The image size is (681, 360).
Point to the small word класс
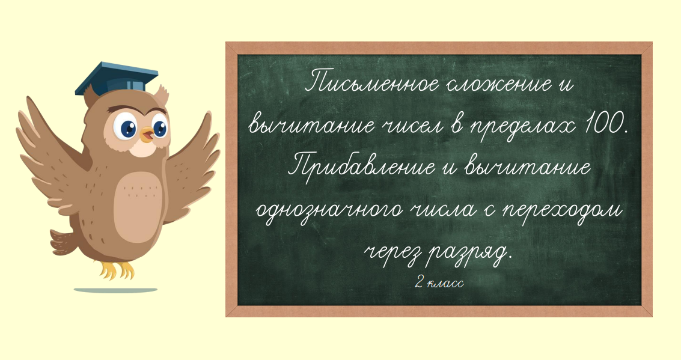coord(445,284)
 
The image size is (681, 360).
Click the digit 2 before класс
coord(419,283)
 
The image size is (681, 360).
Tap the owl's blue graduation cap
coord(117,79)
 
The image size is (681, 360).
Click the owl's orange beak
coord(147,135)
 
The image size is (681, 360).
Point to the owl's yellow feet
coord(117,270)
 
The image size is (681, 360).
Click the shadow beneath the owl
coord(115,290)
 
